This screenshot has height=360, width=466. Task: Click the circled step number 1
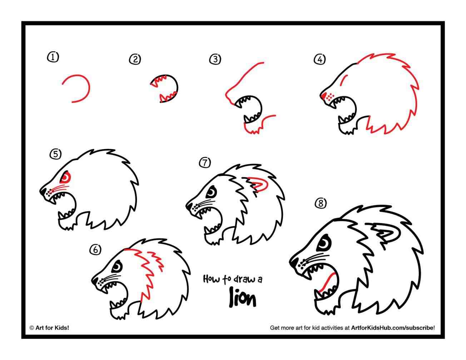[53, 57]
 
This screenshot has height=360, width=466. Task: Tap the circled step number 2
[135, 59]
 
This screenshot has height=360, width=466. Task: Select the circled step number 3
[215, 59]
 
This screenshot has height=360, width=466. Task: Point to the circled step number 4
[319, 59]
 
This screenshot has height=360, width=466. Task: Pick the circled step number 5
[55, 154]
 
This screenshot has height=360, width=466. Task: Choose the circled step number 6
[95, 250]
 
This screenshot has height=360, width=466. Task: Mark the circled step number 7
[205, 163]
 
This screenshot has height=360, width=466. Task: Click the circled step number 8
[321, 203]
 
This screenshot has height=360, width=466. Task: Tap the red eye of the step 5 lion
[66, 177]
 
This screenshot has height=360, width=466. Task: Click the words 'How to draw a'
[232, 279]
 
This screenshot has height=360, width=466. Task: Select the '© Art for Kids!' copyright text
[49, 327]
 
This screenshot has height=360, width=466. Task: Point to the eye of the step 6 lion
[117, 266]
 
